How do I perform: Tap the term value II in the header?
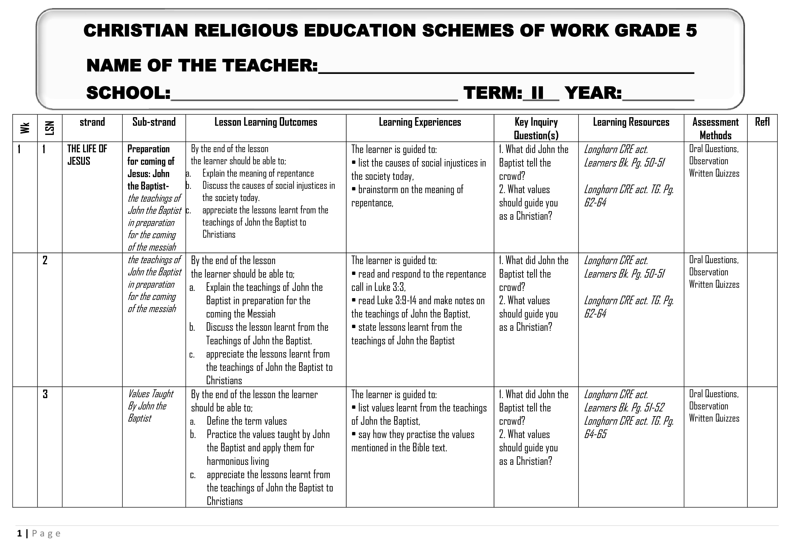538,93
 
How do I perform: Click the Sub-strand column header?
154,122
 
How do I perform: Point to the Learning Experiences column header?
420,122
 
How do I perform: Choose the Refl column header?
762,122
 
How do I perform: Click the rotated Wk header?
25,128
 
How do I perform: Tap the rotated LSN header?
50,128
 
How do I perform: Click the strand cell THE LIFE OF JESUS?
87,155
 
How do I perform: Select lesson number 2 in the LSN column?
45,260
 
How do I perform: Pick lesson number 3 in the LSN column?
45,394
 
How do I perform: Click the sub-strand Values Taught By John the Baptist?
150,406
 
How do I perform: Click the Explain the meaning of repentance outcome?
258,174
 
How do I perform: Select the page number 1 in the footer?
19,534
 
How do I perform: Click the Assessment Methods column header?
715,128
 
